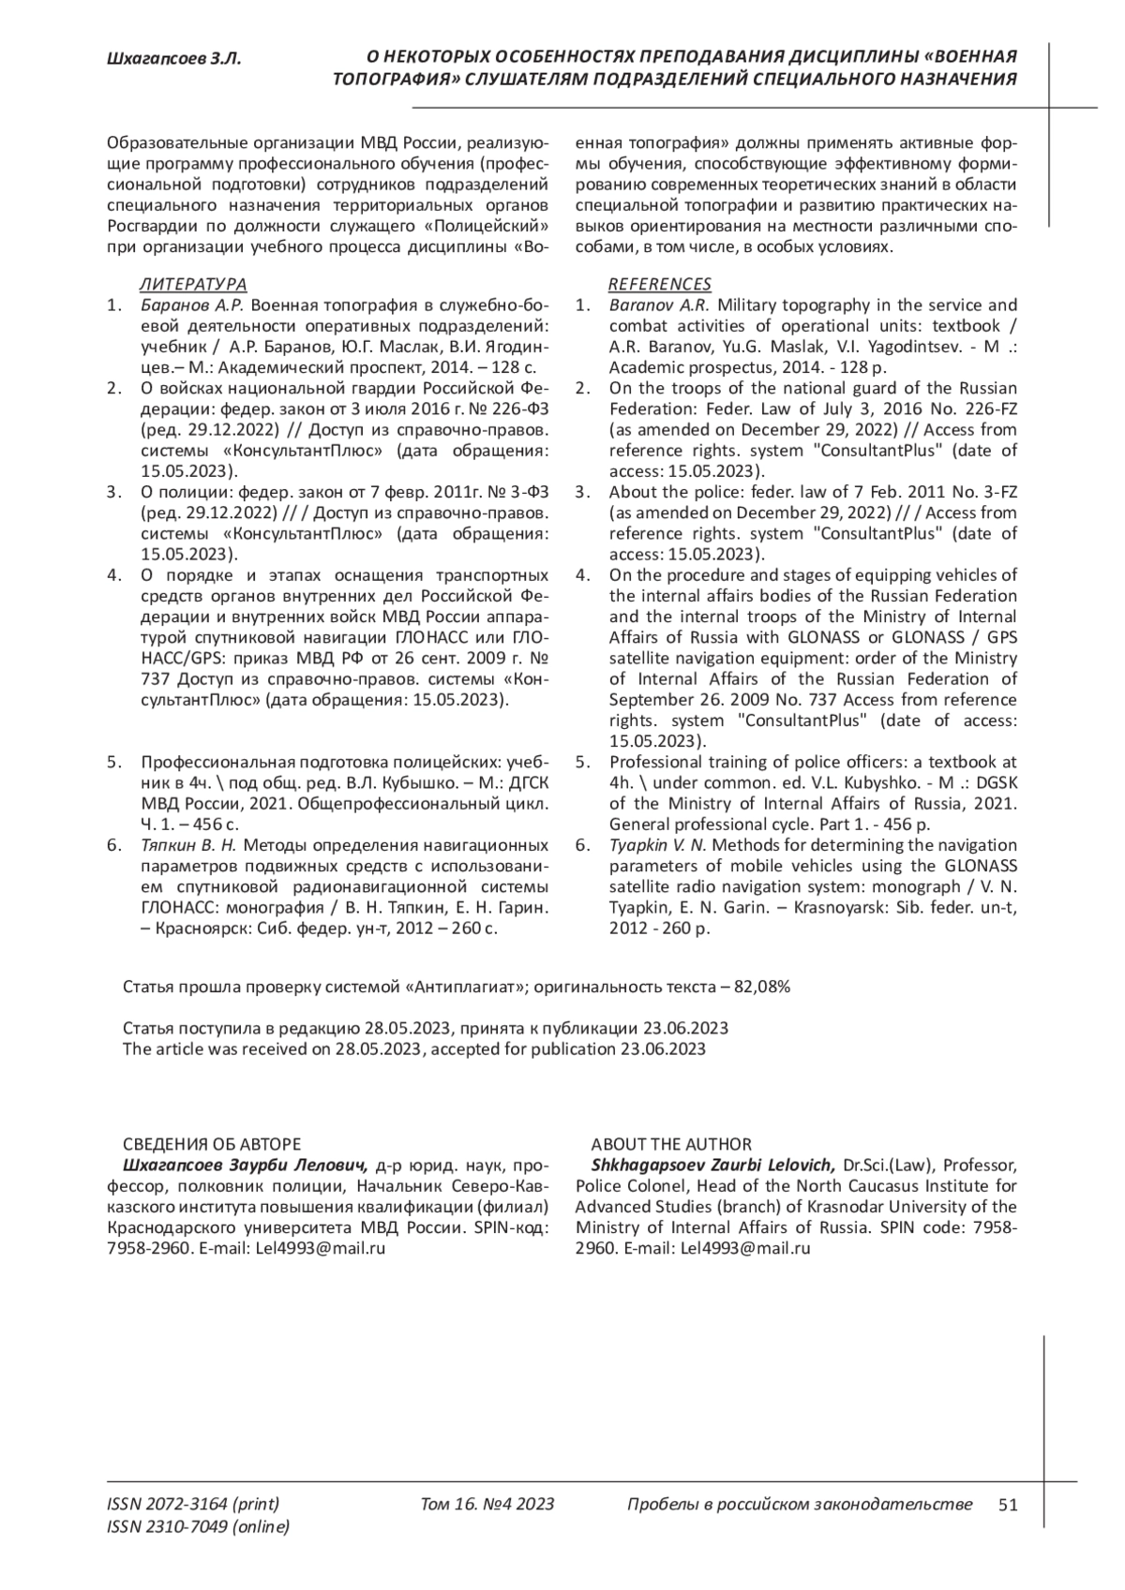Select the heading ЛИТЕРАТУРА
coord(192,284)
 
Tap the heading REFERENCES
coord(660,284)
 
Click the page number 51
coord(1008,1505)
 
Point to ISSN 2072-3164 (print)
coord(193,1505)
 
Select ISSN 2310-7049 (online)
coord(199,1527)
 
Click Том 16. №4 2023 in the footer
coord(487,1505)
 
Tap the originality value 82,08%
coord(761,987)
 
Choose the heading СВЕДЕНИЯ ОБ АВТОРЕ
coord(212,1144)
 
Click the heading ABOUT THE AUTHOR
coord(671,1144)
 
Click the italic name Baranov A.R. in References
coord(658,305)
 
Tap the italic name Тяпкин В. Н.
coord(190,845)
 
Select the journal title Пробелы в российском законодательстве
coord(799,1505)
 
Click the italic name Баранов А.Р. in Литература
coord(191,305)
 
